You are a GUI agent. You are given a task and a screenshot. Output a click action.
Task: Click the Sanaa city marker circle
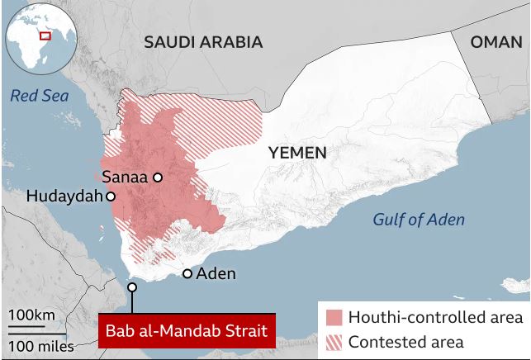point(157,177)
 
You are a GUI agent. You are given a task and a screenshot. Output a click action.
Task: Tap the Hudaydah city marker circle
point(110,197)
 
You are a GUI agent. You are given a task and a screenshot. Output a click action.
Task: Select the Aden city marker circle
point(187,273)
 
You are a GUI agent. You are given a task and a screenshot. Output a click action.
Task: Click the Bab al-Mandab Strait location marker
point(131,287)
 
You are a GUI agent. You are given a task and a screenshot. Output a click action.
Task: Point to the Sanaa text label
point(124,177)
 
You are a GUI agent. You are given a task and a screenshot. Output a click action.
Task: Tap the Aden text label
point(216,273)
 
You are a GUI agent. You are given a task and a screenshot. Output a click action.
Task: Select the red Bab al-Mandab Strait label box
point(186,331)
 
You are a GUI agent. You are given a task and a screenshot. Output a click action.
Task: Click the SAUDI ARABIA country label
point(203,42)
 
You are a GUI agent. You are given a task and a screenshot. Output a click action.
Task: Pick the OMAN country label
point(496,42)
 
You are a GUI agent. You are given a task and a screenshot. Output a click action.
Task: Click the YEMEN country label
point(297,153)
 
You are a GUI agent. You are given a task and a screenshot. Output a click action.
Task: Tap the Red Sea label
point(40,97)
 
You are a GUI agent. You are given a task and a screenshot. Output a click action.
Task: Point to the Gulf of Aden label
point(418,220)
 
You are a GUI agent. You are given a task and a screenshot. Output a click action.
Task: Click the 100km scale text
point(32,315)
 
